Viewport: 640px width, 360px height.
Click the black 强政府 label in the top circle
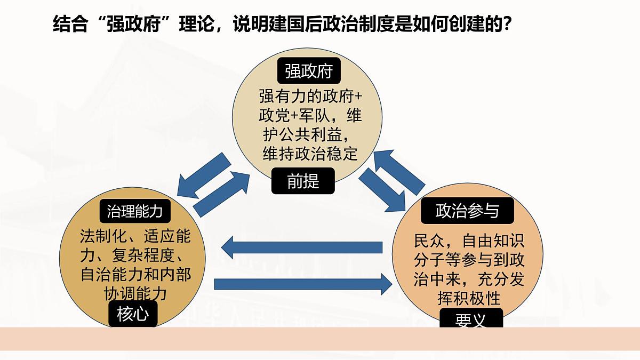coord(309,70)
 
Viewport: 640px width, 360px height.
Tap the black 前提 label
coord(303,181)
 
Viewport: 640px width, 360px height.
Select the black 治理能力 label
coord(135,211)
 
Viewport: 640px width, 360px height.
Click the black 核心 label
coord(133,314)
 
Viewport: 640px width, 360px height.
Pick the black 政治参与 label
coord(467,211)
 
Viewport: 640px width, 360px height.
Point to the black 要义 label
coord(471,318)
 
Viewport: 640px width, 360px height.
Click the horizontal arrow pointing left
coord(302,247)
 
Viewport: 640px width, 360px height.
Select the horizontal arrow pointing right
coord(303,284)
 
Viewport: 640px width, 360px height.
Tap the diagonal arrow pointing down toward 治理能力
coord(204,175)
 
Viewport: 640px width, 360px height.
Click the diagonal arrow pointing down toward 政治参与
coord(382,190)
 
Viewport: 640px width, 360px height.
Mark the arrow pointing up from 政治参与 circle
coord(399,173)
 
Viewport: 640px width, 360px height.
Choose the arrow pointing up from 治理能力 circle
coord(221,194)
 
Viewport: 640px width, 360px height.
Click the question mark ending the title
coord(506,23)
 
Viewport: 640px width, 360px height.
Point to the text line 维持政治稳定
coord(310,154)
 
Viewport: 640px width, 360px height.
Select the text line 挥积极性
coord(469,298)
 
